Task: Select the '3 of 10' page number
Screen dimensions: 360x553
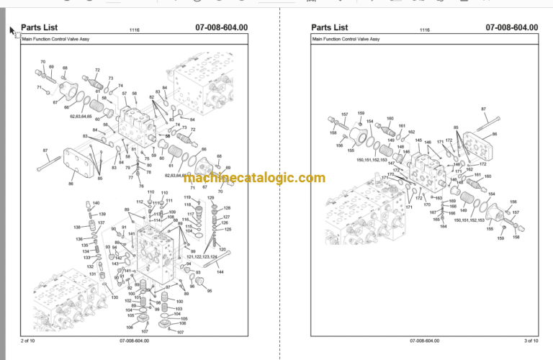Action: pyautogui.click(x=529, y=340)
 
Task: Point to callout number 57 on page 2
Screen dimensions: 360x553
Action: pyautogui.click(x=124, y=94)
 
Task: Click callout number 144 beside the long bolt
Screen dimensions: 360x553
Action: pyautogui.click(x=220, y=272)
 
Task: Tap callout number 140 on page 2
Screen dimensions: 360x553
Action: pyautogui.click(x=96, y=203)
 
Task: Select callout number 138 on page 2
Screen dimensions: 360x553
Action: pyautogui.click(x=77, y=228)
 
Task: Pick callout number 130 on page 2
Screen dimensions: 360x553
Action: pyautogui.click(x=114, y=297)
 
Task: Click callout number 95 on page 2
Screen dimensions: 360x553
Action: pyautogui.click(x=210, y=291)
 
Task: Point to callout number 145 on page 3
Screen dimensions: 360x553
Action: pyautogui.click(x=418, y=140)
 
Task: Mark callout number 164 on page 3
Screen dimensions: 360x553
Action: pyautogui.click(x=444, y=226)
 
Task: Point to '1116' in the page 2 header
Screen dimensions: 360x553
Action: pyautogui.click(x=134, y=30)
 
